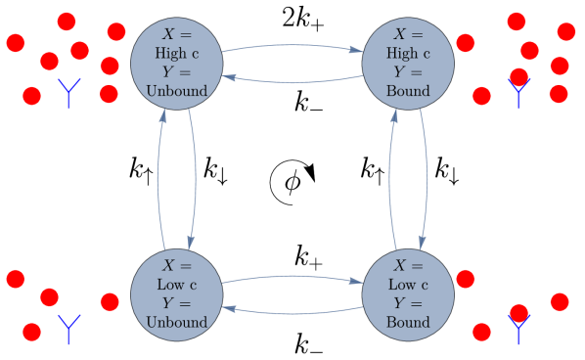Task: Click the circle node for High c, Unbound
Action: coord(177,63)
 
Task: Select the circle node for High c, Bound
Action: coord(408,63)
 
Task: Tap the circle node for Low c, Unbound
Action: coord(177,294)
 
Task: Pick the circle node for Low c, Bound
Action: coord(408,294)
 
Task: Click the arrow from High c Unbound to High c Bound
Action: coord(292,45)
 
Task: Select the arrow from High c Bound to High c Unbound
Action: coord(292,81)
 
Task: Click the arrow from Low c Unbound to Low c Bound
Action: coord(292,277)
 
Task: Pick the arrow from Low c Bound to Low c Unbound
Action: coord(292,313)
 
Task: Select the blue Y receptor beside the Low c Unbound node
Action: coord(68,328)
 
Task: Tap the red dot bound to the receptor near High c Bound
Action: coord(519,76)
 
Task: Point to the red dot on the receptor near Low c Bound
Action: coord(519,313)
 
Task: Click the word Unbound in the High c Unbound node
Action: coord(177,91)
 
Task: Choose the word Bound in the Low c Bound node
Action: coord(408,323)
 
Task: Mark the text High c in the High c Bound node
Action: coord(408,54)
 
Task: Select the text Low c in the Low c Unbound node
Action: coord(177,286)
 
